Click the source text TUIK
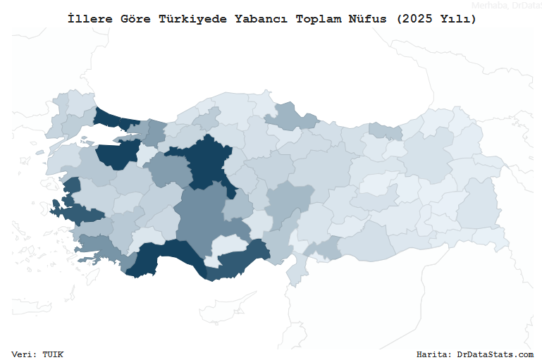tap(53, 354)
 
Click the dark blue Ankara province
tap(207, 162)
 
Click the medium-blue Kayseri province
tap(289, 201)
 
